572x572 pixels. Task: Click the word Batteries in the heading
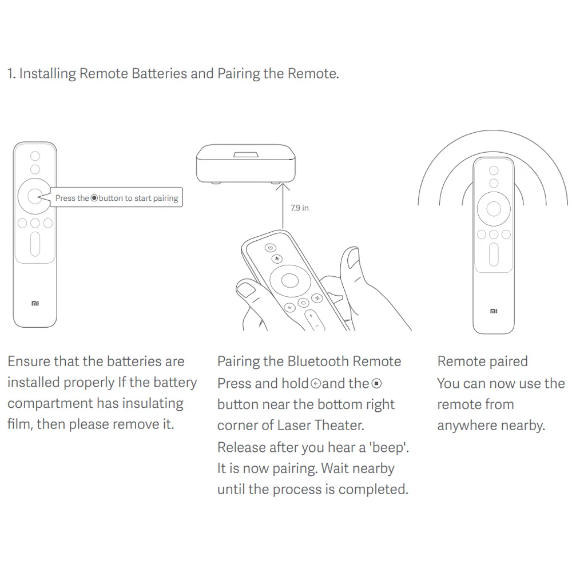tap(159, 73)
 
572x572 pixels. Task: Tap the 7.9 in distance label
tap(300, 208)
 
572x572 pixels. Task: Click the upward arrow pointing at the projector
tap(283, 206)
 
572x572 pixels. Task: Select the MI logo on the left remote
tap(35, 303)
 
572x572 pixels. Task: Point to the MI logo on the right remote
tap(494, 311)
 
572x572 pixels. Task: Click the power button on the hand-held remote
tap(271, 248)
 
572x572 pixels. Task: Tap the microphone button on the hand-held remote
tap(277, 259)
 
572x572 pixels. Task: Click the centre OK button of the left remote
tap(35, 196)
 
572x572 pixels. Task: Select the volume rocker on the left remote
tap(35, 244)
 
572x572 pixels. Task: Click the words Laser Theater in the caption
tap(320, 426)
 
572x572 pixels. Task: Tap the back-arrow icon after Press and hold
tap(316, 383)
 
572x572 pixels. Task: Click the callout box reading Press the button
tap(116, 197)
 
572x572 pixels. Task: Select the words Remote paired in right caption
tap(483, 361)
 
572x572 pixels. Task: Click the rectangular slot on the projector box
tap(246, 155)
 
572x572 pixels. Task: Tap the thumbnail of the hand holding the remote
tap(245, 289)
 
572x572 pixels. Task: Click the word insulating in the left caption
tap(153, 403)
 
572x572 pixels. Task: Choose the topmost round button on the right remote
tap(494, 170)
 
